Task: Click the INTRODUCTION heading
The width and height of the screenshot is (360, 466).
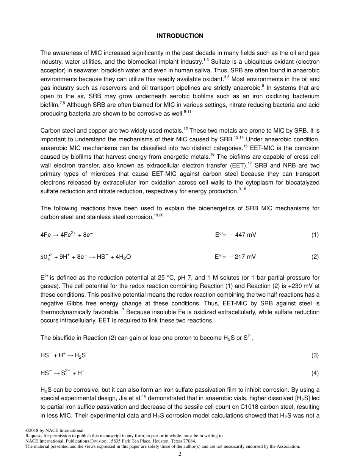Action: pyautogui.click(x=180, y=36)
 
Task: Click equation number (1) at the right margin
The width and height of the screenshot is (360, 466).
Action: pyautogui.click(x=315, y=235)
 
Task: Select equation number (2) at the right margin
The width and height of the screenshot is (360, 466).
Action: pyautogui.click(x=315, y=257)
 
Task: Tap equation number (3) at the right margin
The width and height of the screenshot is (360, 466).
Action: pyautogui.click(x=315, y=355)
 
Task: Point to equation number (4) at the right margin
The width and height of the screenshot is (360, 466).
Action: pyautogui.click(x=315, y=373)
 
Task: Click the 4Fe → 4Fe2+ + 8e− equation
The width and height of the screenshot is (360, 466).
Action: pyautogui.click(x=67, y=235)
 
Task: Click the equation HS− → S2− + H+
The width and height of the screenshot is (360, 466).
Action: pyautogui.click(x=63, y=373)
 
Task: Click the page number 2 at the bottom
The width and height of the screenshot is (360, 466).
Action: pyautogui.click(x=180, y=454)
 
